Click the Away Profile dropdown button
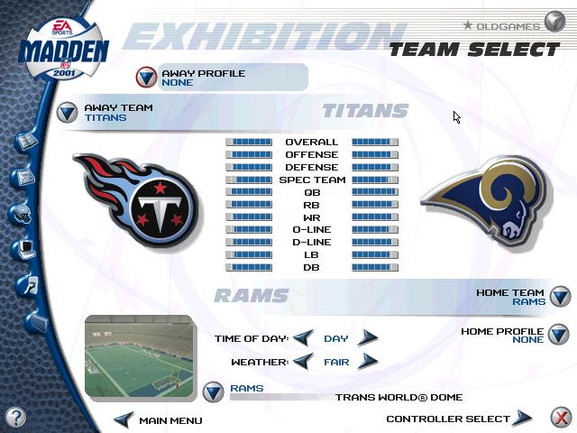[146, 77]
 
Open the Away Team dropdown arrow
[68, 112]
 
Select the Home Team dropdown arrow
[560, 296]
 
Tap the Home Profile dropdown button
[558, 335]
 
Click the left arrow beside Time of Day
[304, 337]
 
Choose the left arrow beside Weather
[304, 361]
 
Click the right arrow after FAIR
[367, 361]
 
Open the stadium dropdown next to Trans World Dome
[213, 392]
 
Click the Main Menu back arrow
[124, 419]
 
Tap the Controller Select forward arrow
[522, 418]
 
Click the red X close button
[561, 418]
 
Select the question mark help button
[15, 417]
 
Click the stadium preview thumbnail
[139, 355]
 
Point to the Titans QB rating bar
[249, 192]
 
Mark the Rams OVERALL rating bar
[375, 142]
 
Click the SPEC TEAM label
[312, 180]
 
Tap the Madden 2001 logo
[63, 50]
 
